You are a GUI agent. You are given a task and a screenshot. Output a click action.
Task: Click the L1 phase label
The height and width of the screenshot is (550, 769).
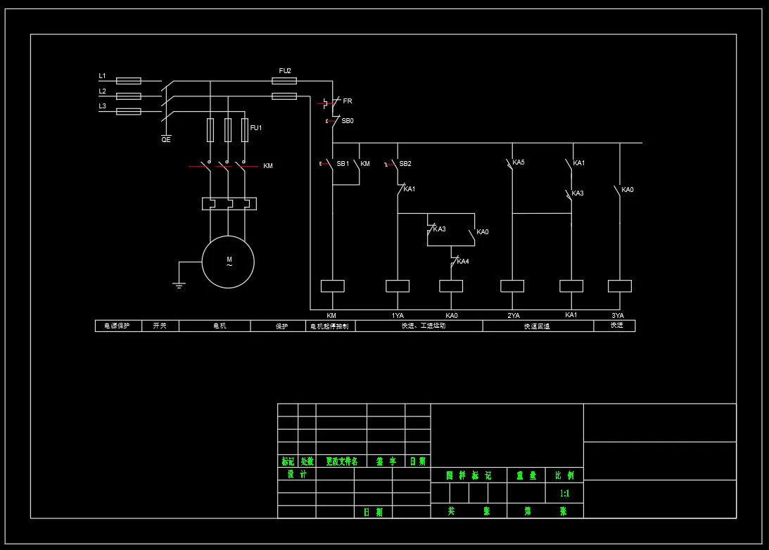coord(102,76)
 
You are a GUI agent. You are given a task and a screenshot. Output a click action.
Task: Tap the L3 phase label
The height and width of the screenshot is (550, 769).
coord(102,106)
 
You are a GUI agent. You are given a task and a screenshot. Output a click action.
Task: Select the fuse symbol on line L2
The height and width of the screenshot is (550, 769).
coord(128,96)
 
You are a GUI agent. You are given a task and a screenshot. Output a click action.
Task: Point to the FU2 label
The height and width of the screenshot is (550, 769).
coord(285,71)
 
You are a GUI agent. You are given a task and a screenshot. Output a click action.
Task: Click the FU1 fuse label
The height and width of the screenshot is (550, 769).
coord(256,128)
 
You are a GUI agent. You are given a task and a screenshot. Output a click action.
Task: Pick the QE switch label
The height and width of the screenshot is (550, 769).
coord(166,139)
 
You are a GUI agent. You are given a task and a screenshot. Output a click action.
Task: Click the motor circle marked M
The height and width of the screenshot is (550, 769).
coord(228,262)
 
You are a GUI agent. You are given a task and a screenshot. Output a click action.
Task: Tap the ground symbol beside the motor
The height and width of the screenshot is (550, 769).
coord(179,284)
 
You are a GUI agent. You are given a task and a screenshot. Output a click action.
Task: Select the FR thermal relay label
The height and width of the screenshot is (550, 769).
coord(348,101)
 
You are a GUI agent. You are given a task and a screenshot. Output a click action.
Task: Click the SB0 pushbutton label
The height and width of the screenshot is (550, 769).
coord(348,121)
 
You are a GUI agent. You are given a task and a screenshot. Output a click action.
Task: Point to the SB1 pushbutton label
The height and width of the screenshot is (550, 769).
coord(343,164)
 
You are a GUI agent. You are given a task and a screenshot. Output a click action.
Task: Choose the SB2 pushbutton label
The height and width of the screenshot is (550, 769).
coord(405,164)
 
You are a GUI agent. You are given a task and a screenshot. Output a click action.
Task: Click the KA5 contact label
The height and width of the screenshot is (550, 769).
coord(519,162)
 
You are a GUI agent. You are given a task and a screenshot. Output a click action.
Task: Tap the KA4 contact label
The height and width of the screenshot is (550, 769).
coord(463,262)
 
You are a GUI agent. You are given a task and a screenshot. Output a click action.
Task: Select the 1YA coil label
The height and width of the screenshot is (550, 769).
coord(398,315)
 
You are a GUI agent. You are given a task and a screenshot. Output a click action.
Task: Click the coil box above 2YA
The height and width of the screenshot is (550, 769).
coord(512,286)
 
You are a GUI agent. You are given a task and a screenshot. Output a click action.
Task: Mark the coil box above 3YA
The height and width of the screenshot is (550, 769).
coord(619,286)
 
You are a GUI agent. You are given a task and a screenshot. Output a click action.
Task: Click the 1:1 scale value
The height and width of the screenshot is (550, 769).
coord(564,494)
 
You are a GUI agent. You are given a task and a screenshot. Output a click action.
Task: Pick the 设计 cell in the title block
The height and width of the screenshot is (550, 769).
coord(296,475)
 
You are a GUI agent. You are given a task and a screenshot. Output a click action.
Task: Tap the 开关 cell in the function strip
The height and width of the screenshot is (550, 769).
coord(160,326)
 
